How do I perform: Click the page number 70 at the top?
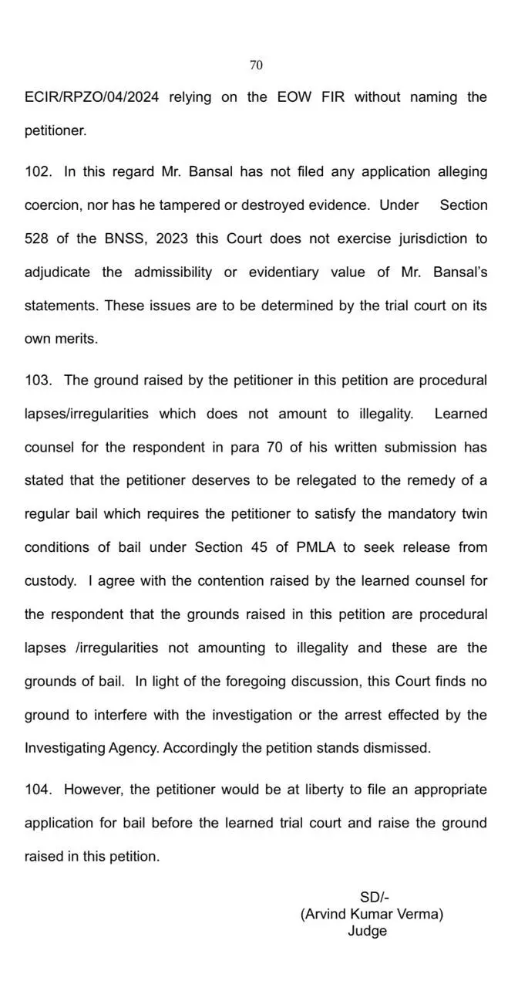click(x=256, y=66)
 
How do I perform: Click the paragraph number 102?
click(x=37, y=171)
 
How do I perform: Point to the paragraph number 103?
click(x=37, y=381)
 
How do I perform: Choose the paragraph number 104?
click(x=37, y=790)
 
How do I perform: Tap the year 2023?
click(x=171, y=239)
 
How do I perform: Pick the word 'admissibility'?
click(x=173, y=272)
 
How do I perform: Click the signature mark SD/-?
click(x=374, y=897)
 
